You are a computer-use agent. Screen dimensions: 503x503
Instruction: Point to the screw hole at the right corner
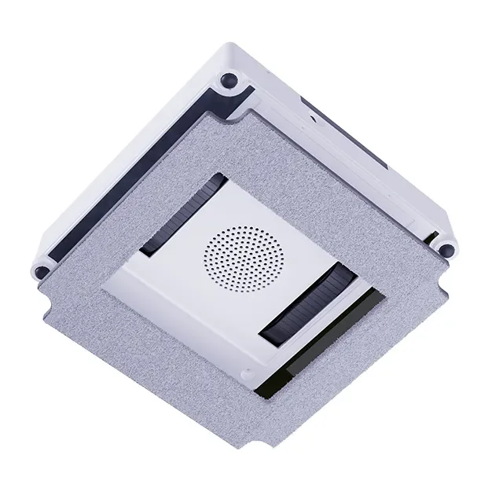[x=446, y=250]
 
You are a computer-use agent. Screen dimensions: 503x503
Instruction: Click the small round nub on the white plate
[x=248, y=376]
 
